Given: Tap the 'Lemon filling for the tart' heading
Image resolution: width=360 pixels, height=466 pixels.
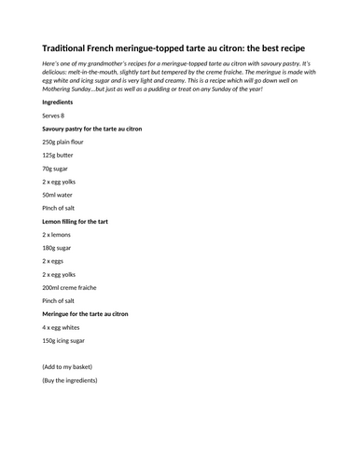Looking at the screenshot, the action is point(81,222).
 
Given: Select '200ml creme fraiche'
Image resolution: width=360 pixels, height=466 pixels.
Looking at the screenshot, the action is point(73,289).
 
